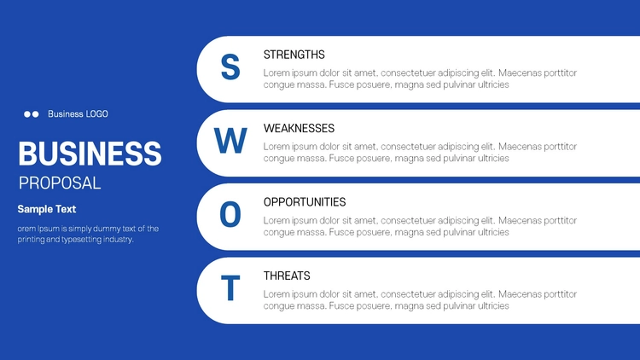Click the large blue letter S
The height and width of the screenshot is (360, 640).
coord(230,67)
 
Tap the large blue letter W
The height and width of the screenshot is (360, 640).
coord(230,141)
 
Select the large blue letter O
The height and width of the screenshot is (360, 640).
coord(230,214)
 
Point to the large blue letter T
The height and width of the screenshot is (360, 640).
coord(230,287)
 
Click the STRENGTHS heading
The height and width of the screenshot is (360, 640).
coord(294,55)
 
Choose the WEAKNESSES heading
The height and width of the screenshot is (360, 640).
coord(299,128)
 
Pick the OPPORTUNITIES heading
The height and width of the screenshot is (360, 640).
coord(305,202)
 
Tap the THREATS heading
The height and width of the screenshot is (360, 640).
coord(287,276)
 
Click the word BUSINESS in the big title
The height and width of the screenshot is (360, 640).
coord(90,154)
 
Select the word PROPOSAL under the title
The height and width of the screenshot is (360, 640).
coord(60,183)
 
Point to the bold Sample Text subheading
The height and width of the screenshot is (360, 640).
coord(47,209)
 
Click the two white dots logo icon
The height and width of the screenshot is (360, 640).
coord(32,114)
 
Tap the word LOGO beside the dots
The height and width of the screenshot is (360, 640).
coord(96,113)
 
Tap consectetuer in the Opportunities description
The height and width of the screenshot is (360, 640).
coord(420,220)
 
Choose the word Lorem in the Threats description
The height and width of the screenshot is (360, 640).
coord(276,293)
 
